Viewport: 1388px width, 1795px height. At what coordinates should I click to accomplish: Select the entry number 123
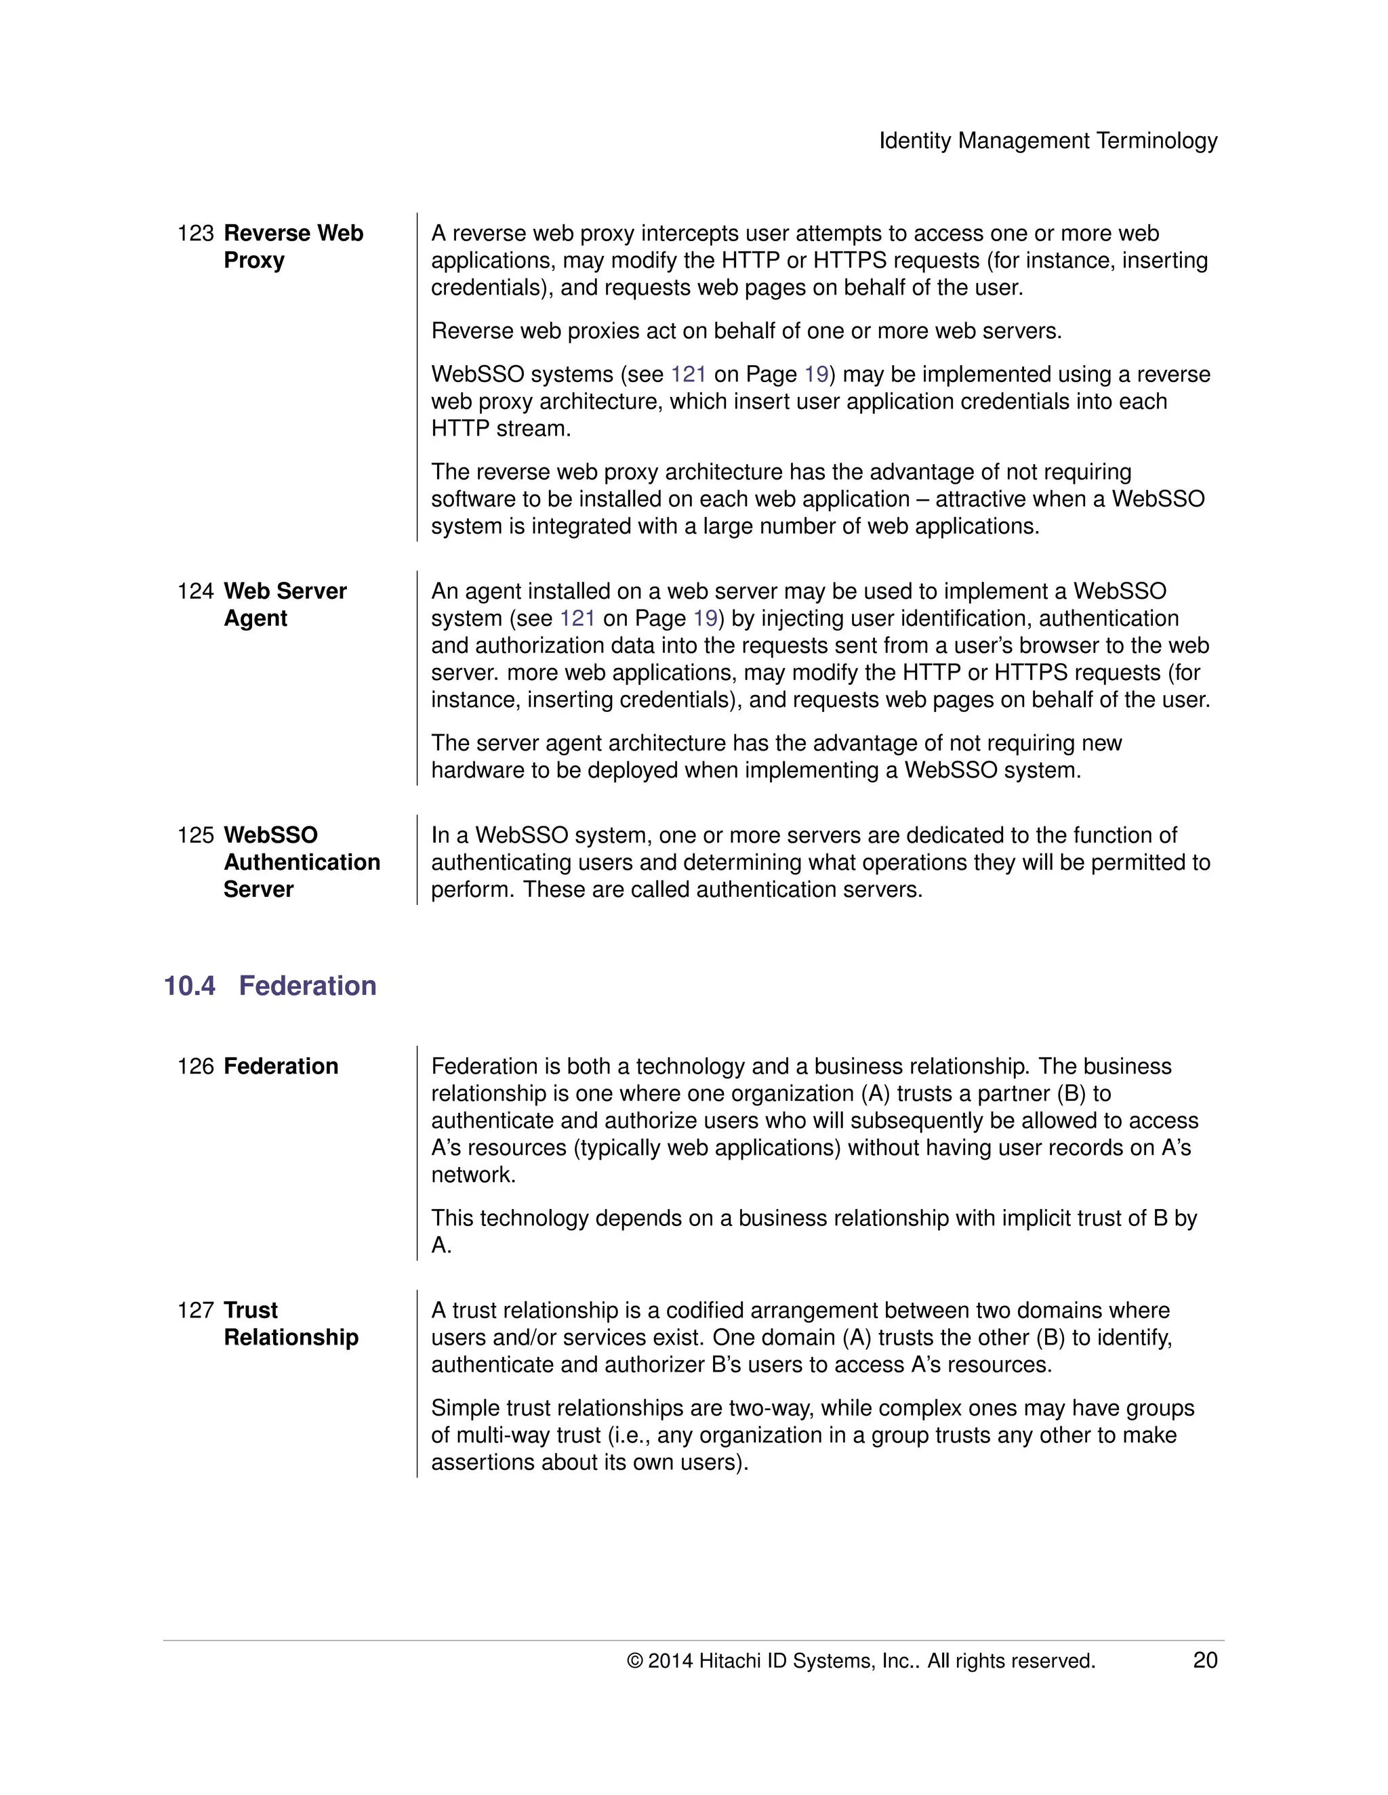195,234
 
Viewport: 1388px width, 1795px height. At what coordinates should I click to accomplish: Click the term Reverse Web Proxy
293,247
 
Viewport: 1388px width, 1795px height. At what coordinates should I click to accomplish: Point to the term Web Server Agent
285,604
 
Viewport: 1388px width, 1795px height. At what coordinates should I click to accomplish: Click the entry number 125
195,835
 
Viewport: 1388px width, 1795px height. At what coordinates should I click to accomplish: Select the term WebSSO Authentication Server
301,862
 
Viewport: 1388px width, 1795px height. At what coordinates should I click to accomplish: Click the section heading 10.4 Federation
270,986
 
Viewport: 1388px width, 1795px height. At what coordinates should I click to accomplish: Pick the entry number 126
195,1066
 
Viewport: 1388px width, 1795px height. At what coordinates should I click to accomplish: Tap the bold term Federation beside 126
281,1066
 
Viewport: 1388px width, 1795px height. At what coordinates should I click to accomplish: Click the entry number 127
195,1310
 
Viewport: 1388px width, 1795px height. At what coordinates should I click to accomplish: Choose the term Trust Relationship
290,1324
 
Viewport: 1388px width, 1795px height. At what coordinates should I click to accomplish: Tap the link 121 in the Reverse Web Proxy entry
689,375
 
